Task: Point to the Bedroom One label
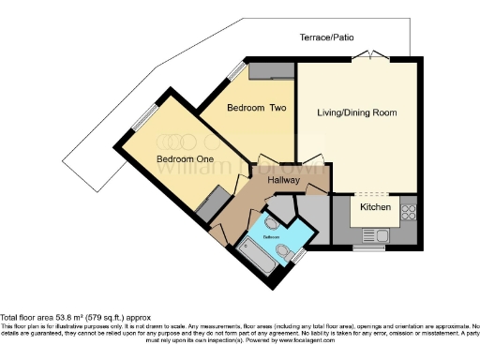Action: [x=185, y=159]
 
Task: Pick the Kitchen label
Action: [x=376, y=206]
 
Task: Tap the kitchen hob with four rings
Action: [x=409, y=212]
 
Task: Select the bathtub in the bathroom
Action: [x=254, y=254]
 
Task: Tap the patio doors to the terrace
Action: [x=374, y=54]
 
